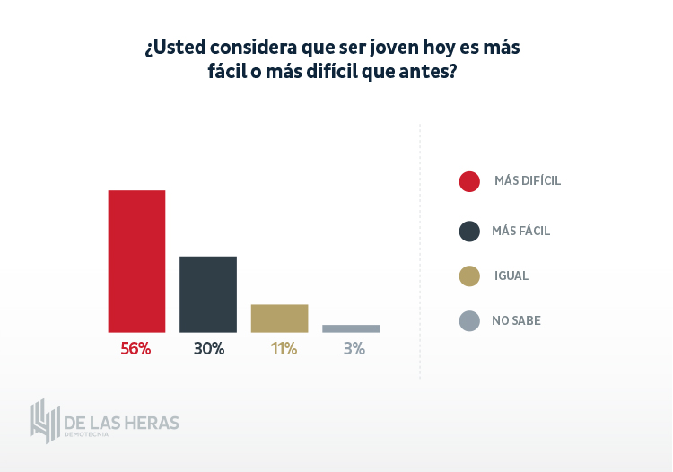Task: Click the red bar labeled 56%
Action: (136, 261)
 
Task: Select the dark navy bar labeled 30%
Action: (208, 294)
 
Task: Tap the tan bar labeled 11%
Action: (279, 319)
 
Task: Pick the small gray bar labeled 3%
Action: (351, 328)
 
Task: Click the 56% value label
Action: (135, 349)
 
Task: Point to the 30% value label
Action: (208, 349)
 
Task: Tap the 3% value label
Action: (354, 349)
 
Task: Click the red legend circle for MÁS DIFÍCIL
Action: (469, 181)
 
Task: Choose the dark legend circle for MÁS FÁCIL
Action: (469, 232)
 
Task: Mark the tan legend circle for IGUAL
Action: (469, 276)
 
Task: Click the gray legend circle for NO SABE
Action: (469, 320)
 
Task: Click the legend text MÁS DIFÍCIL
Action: (528, 180)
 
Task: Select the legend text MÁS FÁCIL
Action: (520, 231)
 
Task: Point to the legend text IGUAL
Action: (511, 275)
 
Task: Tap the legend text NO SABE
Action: (516, 320)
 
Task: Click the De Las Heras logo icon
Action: (44, 421)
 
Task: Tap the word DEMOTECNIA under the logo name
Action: (86, 435)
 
